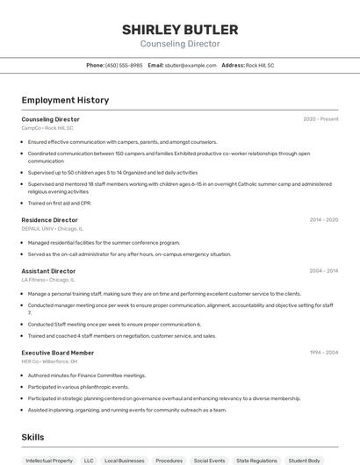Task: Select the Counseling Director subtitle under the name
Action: pyautogui.click(x=180, y=44)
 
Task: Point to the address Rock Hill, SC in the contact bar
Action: pyautogui.click(x=260, y=65)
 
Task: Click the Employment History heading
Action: pyautogui.click(x=65, y=100)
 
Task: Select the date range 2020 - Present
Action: pyautogui.click(x=320, y=118)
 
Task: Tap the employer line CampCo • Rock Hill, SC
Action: pyautogui.click(x=47, y=128)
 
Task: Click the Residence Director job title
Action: pyautogui.click(x=50, y=219)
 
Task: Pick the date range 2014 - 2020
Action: pyautogui.click(x=323, y=219)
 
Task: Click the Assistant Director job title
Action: pyautogui.click(x=49, y=271)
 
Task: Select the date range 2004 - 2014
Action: pyautogui.click(x=323, y=271)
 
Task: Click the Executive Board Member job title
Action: pyautogui.click(x=57, y=352)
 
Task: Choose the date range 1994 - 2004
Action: pyautogui.click(x=323, y=352)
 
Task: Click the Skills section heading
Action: pyautogui.click(x=33, y=436)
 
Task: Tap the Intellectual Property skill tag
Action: pyautogui.click(x=49, y=460)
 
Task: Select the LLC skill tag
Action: pyautogui.click(x=89, y=460)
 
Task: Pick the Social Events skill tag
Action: pyautogui.click(x=210, y=460)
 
